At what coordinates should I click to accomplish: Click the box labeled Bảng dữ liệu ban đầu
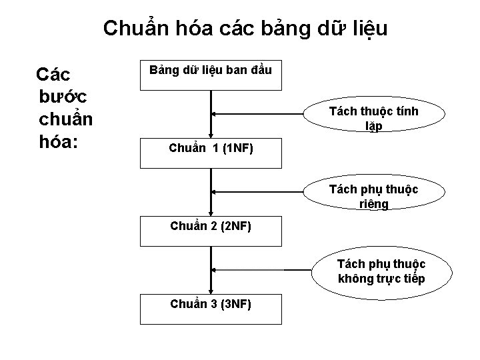coord(211,75)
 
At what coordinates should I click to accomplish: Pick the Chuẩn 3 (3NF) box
coord(211,308)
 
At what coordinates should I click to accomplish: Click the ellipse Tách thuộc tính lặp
coord(373,118)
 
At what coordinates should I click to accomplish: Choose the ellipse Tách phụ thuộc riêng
coord(373,196)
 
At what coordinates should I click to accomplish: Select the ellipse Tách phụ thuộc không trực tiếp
coord(381,271)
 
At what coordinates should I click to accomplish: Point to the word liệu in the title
coord(363,29)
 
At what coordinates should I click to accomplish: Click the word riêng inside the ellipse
coord(373,204)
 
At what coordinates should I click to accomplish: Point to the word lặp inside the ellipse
coord(373,127)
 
